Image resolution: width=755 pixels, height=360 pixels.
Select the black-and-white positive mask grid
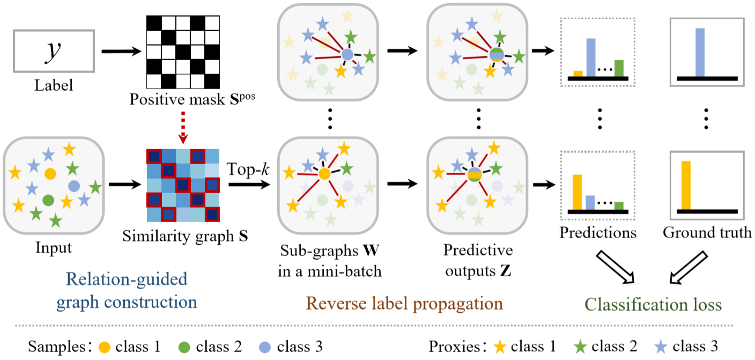coord(183,51)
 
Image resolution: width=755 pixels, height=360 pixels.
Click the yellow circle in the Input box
coord(50,174)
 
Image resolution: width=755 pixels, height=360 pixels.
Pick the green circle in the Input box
coord(48,200)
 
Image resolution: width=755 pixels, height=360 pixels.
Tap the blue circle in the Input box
coord(73,186)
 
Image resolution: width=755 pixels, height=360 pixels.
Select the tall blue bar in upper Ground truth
coord(699,52)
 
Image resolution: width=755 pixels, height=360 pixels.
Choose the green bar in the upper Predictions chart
coord(619,68)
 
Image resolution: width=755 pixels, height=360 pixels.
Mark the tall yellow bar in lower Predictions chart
coord(578,192)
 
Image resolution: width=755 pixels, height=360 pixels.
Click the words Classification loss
coord(653,305)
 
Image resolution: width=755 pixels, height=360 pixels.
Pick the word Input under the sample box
coord(53,248)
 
